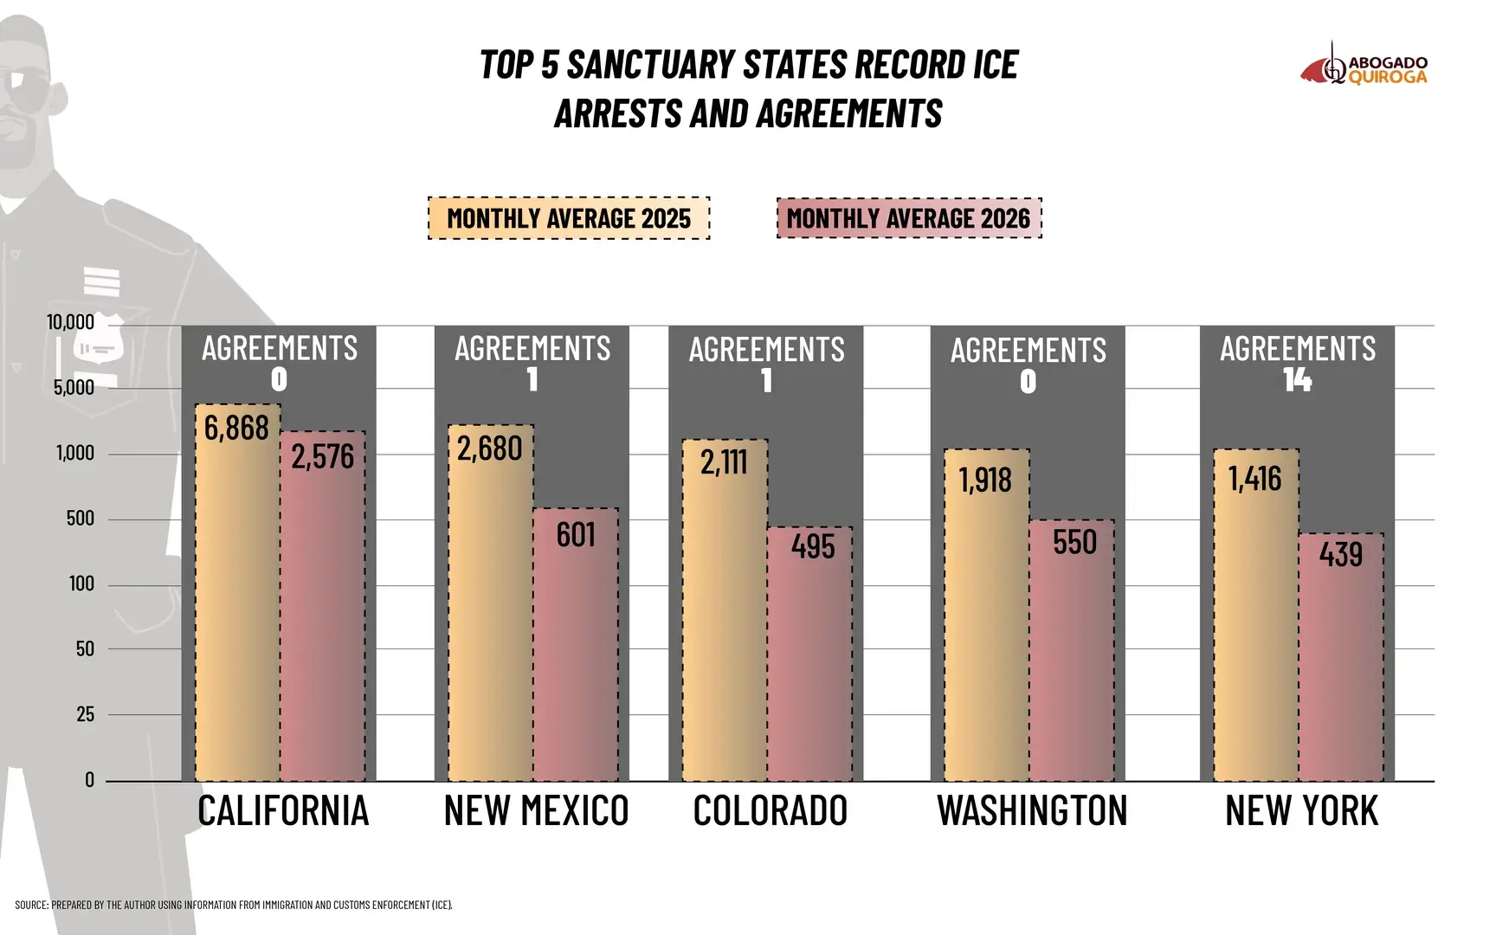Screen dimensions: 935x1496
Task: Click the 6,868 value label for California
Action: (x=236, y=428)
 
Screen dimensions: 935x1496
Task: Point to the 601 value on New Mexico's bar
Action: (x=576, y=535)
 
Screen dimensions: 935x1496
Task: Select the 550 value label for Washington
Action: (x=1074, y=543)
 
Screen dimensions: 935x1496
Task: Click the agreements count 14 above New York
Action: (x=1297, y=380)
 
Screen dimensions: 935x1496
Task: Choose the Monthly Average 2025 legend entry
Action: (x=569, y=218)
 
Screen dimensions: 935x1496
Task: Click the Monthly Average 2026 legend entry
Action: (x=909, y=218)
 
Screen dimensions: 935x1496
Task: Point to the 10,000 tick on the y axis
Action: (x=70, y=323)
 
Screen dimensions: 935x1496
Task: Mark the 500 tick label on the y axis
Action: (x=81, y=519)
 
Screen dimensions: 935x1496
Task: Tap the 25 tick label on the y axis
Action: (x=85, y=714)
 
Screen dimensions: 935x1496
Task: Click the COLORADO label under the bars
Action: (x=770, y=811)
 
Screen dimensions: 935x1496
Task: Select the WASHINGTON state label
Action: (x=1032, y=811)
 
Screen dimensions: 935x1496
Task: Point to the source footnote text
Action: (x=234, y=905)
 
